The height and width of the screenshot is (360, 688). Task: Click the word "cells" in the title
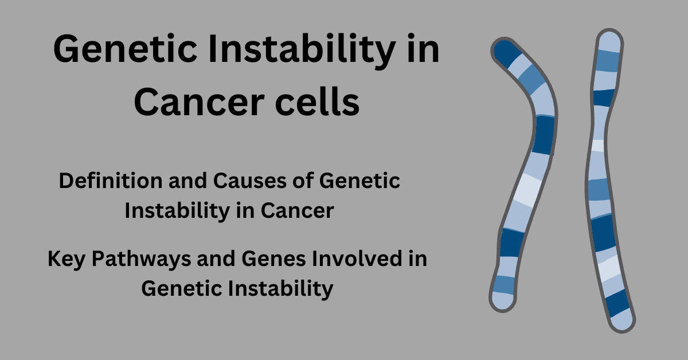tap(317, 102)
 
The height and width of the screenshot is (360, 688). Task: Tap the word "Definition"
tap(111, 181)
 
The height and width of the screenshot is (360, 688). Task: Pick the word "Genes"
tap(273, 259)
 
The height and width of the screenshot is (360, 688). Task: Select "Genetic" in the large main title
tap(125, 49)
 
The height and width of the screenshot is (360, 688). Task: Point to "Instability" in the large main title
tap(302, 50)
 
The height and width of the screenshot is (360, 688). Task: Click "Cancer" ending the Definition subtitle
tap(298, 211)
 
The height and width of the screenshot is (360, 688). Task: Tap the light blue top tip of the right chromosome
tap(609, 41)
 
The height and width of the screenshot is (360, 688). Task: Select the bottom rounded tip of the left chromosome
tap(502, 302)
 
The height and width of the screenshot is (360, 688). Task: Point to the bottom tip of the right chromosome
tap(622, 320)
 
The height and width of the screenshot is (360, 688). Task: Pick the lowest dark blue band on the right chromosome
tap(617, 303)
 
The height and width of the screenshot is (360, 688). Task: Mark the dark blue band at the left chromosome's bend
tap(543, 135)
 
